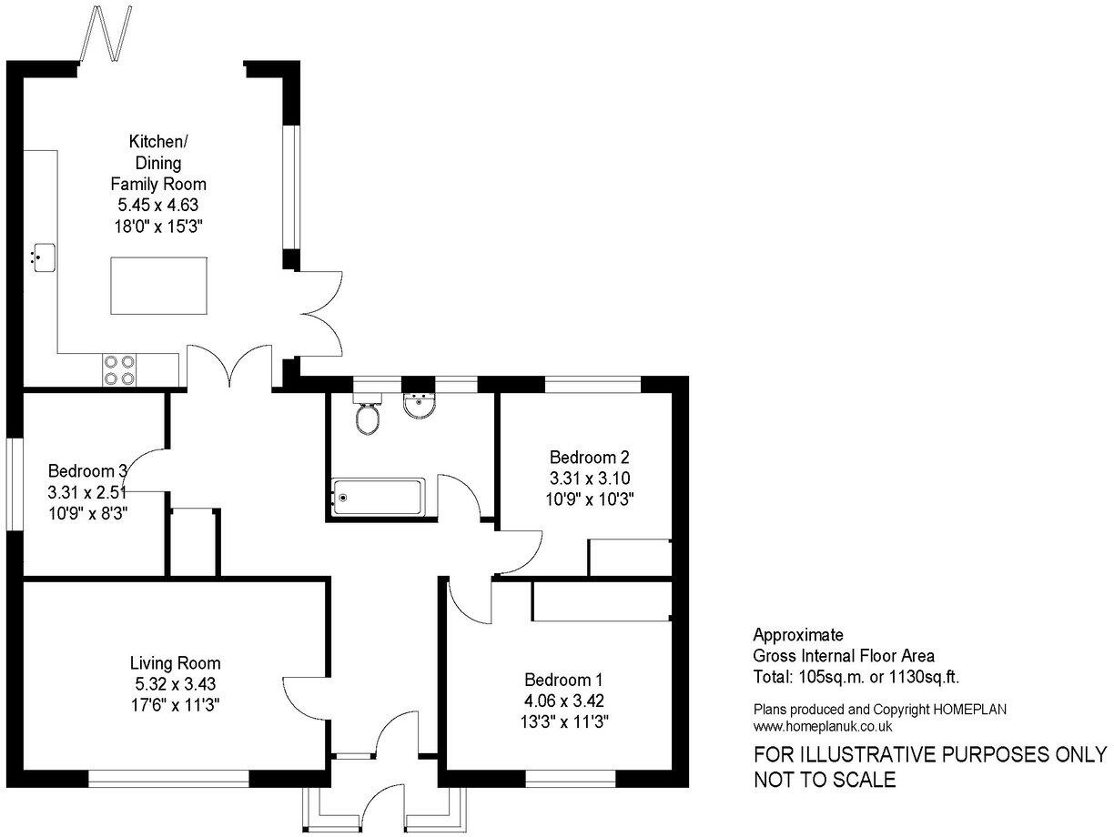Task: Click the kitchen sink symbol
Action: [x=42, y=256]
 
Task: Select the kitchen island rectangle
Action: [x=159, y=286]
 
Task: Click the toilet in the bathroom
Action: [x=369, y=415]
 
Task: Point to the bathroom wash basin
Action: [x=420, y=407]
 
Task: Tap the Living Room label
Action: [x=175, y=663]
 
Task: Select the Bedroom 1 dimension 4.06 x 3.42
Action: [x=564, y=701]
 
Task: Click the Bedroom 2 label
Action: [x=590, y=457]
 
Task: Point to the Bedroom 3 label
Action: [x=87, y=471]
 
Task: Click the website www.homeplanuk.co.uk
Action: [x=823, y=726]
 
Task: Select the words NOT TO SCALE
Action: [x=825, y=780]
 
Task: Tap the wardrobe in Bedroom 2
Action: [x=630, y=558]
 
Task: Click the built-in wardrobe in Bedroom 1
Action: [x=602, y=601]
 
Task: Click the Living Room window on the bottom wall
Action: [x=168, y=778]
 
